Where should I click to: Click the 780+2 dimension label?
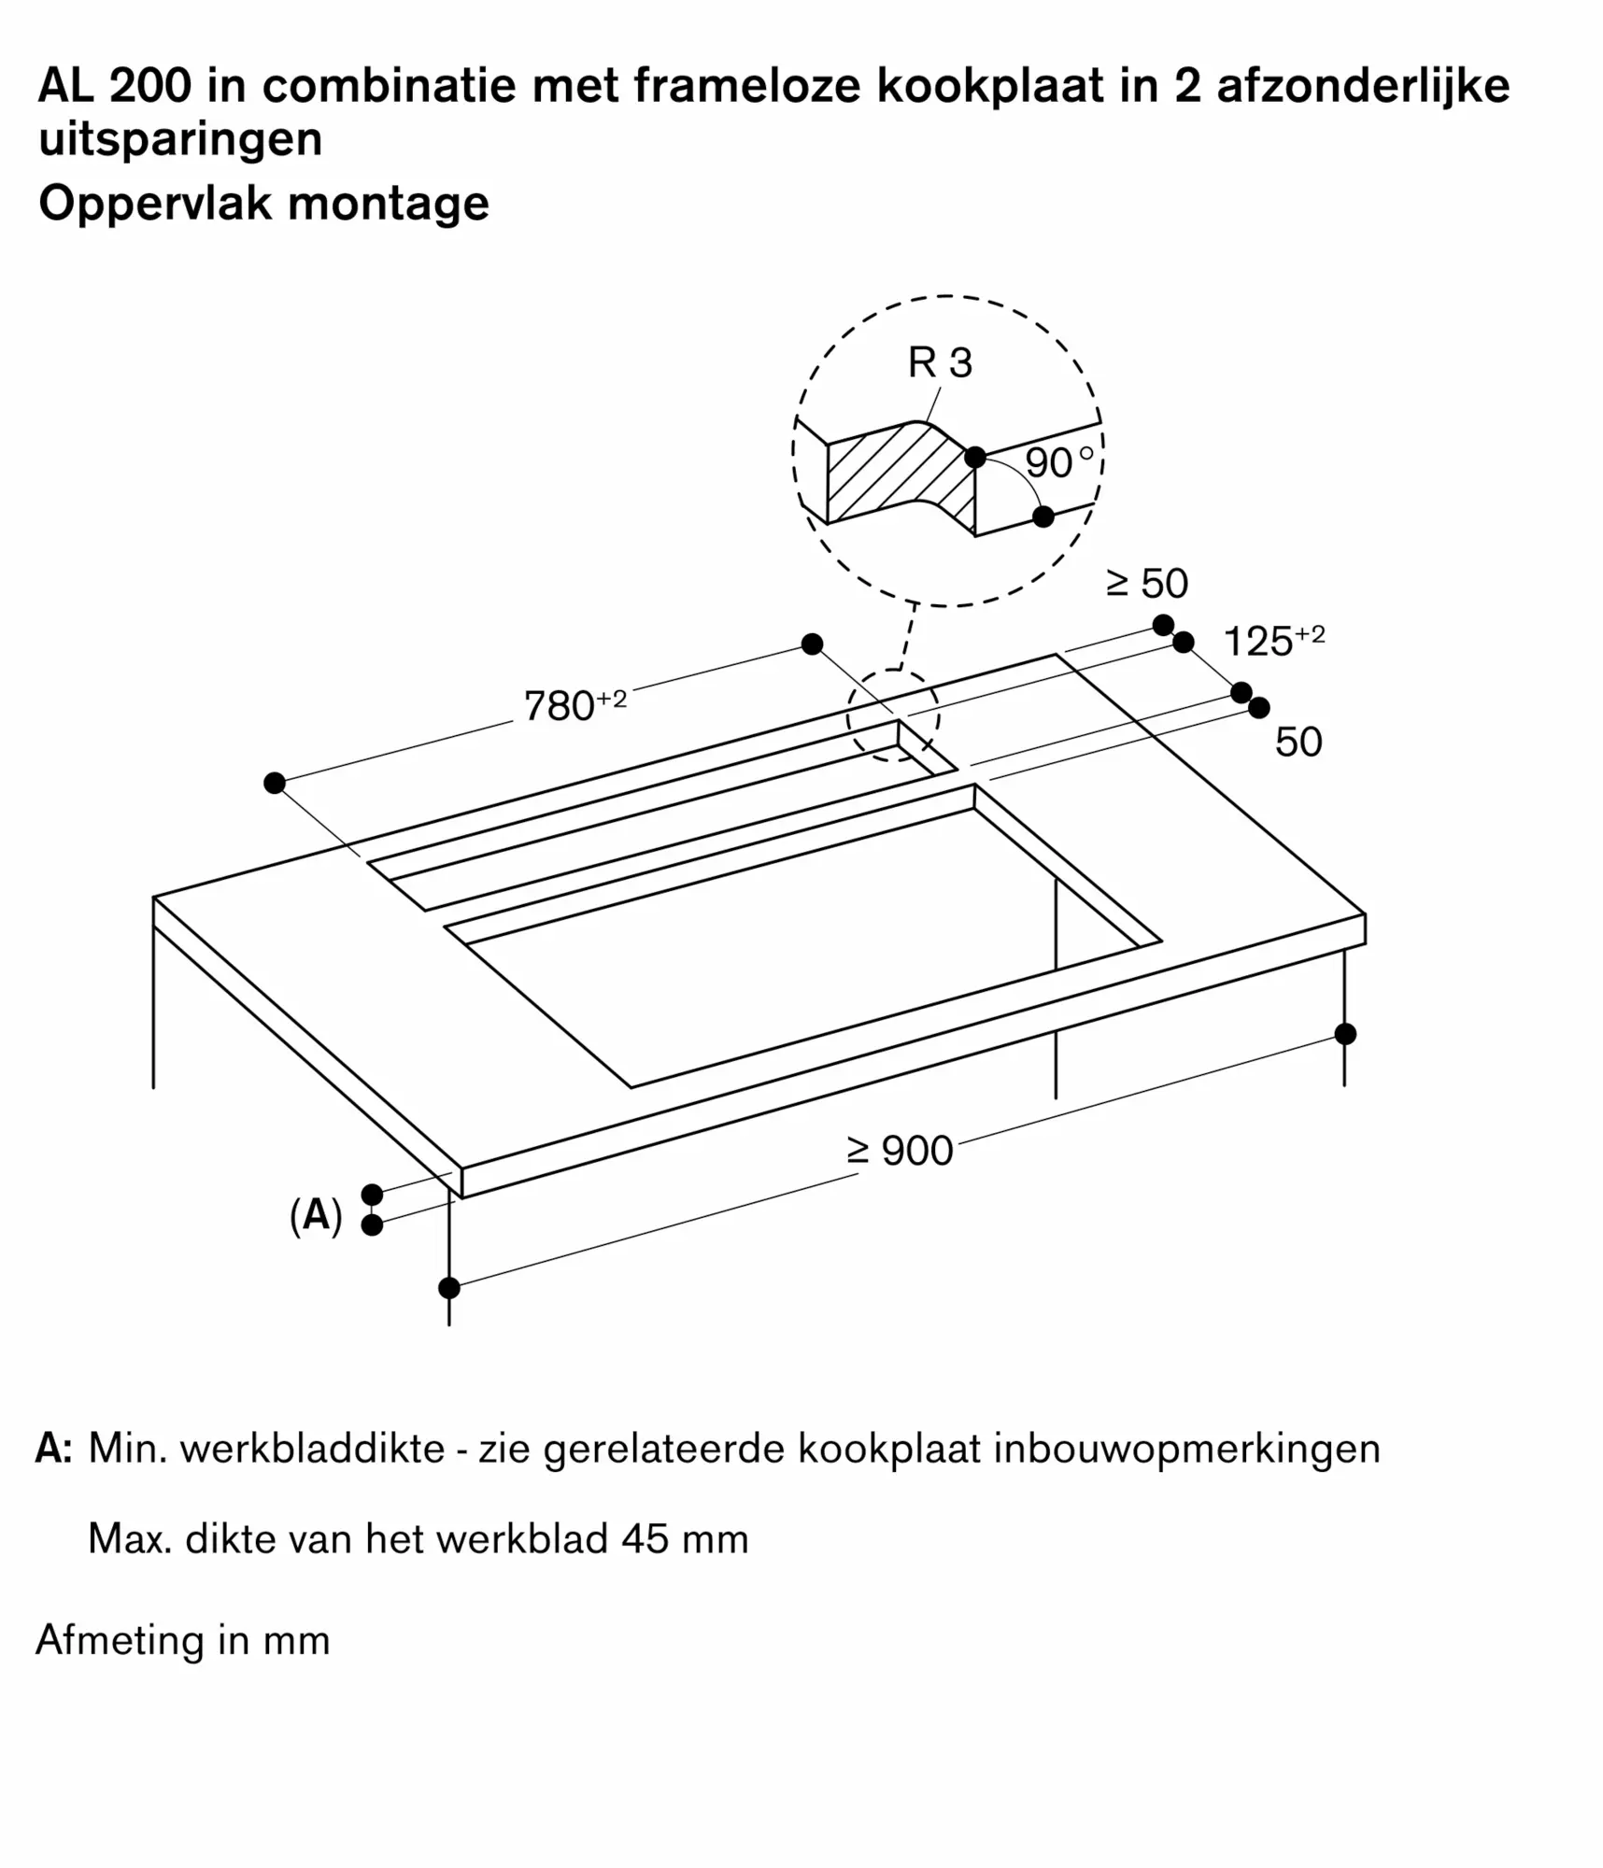574,705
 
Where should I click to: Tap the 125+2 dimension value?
1272,641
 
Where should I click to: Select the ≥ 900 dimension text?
899,1151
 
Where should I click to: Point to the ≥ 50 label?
1146,584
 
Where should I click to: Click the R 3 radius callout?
939,362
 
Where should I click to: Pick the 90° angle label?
1057,462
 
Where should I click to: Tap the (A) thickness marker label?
316,1216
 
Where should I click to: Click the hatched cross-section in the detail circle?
897,476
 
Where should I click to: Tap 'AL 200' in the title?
114,86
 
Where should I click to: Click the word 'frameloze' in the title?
747,86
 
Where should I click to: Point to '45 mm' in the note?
685,1538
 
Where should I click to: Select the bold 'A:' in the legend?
54,1449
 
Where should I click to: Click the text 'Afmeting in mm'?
183,1640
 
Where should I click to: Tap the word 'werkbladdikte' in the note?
312,1449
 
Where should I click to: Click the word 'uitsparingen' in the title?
180,140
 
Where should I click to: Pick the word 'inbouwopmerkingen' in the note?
1186,1449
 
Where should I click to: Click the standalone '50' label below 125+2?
1298,742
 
